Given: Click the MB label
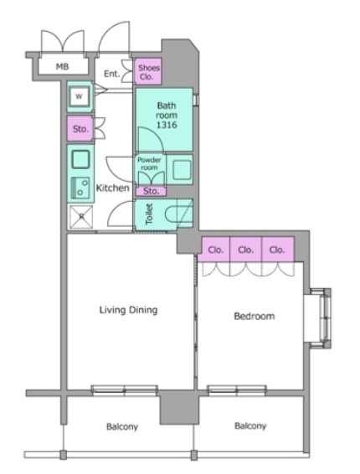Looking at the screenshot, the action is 62,66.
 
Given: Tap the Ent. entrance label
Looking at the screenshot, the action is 112,74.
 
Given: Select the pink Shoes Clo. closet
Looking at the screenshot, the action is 148,71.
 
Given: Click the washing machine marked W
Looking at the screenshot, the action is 79,96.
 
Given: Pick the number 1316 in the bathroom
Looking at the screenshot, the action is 167,125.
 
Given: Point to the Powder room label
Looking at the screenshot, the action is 149,163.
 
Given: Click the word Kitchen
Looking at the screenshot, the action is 112,188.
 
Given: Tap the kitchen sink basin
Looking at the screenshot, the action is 80,159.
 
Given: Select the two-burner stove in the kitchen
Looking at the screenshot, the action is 80,188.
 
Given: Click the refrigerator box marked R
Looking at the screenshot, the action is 81,216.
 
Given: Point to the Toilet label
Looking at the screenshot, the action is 149,214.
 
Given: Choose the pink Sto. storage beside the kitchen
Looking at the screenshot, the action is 80,129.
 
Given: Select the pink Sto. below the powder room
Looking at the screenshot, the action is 151,191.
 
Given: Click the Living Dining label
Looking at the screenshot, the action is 128,310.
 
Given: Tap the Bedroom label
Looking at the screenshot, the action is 255,317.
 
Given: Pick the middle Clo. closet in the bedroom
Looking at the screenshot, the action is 245,250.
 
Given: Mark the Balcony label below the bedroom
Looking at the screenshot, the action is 250,426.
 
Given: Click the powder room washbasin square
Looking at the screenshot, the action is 183,169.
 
